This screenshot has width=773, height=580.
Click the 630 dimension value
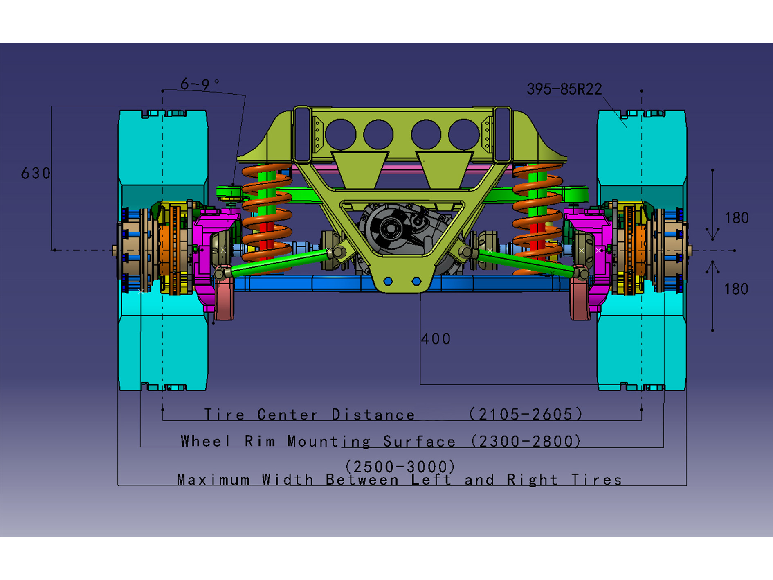36,173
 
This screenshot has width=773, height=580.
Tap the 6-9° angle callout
199,84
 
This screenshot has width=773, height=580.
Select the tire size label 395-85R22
564,89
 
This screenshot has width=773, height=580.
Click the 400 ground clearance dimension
436,339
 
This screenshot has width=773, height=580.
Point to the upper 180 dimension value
737,218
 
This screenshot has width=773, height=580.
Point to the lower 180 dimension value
736,289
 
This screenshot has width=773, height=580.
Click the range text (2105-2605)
526,414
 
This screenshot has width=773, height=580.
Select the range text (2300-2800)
526,441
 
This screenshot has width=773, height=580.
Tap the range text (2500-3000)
400,467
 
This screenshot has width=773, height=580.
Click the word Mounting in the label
328,441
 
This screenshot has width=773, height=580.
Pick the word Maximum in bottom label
213,480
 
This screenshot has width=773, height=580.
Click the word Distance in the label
373,415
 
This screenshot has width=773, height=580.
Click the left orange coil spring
267,213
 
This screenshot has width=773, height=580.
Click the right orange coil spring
537,213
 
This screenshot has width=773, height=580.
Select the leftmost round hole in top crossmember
341,135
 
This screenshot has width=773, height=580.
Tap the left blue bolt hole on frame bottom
389,281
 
